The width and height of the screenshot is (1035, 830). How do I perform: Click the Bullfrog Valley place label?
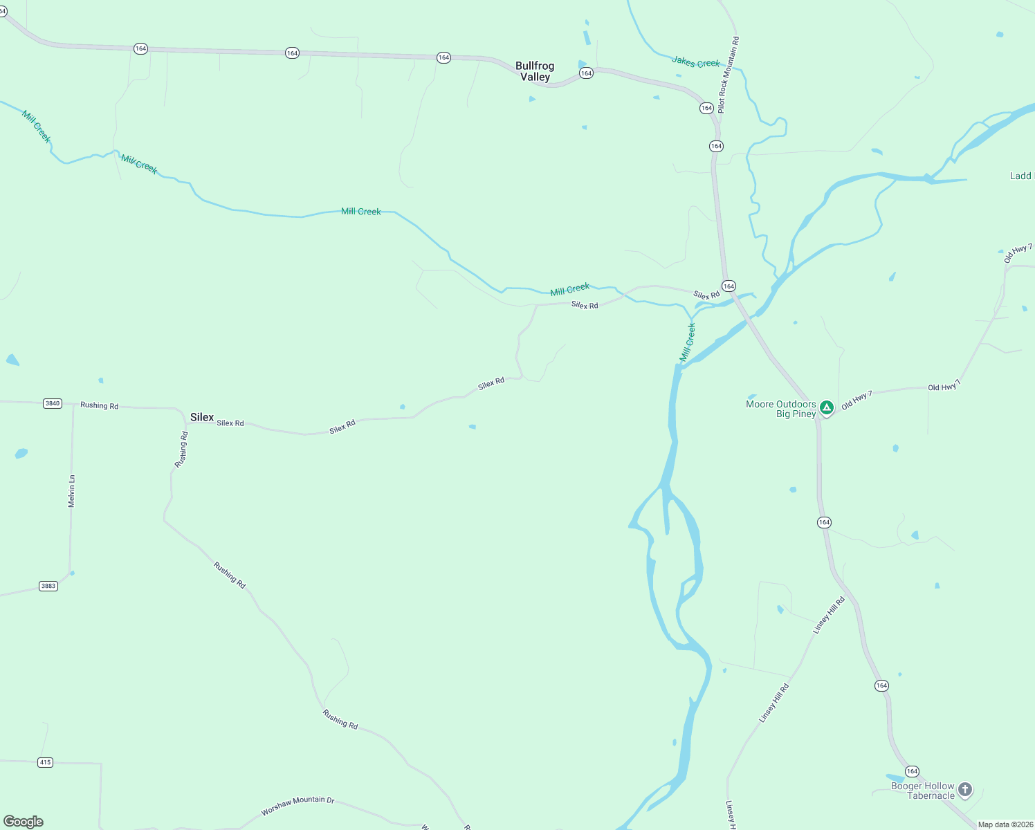tap(535, 71)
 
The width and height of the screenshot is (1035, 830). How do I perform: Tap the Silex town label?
tap(202, 417)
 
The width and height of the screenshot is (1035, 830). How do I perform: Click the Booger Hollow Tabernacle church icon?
tap(965, 789)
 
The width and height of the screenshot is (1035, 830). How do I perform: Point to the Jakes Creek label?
tap(695, 62)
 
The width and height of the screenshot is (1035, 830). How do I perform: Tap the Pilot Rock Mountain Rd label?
tap(728, 75)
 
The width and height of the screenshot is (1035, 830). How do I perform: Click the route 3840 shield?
tap(53, 403)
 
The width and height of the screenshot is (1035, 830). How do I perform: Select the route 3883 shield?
tap(48, 586)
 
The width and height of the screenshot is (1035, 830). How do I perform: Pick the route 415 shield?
tap(45, 762)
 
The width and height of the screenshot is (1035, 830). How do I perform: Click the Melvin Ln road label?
tap(71, 491)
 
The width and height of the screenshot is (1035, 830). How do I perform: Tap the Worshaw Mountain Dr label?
tap(297, 805)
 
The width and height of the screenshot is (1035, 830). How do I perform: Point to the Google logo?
tap(24, 821)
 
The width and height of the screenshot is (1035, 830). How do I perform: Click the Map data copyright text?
tap(1005, 824)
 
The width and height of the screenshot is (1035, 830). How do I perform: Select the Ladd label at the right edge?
tap(1021, 176)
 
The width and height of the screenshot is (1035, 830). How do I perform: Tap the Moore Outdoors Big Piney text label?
tap(781, 409)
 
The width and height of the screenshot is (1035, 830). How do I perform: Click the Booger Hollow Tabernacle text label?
tap(922, 791)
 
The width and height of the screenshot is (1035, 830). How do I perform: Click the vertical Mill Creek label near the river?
tap(688, 342)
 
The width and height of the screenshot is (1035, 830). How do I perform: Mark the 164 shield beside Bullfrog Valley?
tap(587, 73)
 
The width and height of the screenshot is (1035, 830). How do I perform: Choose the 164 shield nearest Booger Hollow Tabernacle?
tap(913, 771)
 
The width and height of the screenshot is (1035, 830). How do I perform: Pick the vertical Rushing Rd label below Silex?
tap(181, 450)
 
